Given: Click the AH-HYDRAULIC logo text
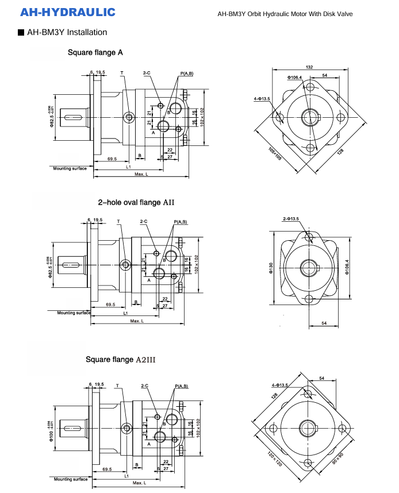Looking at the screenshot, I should pyautogui.click(x=67, y=12).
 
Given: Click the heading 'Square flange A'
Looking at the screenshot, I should pyautogui.click(x=95, y=53).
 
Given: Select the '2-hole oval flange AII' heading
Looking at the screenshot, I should pyautogui.click(x=136, y=202).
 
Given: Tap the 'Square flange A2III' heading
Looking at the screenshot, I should pyautogui.click(x=121, y=360).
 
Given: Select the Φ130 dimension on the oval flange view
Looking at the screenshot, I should pyautogui.click(x=271, y=267).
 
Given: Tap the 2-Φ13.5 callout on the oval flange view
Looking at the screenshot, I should pyautogui.click(x=291, y=219).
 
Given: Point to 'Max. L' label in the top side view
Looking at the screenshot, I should pyautogui.click(x=141, y=174).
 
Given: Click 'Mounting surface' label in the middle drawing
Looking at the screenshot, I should pyautogui.click(x=74, y=313).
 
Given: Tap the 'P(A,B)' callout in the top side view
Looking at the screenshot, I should pyautogui.click(x=187, y=74).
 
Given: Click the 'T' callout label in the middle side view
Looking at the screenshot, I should pyautogui.click(x=118, y=221).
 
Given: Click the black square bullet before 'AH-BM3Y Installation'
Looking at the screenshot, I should pyautogui.click(x=21, y=33).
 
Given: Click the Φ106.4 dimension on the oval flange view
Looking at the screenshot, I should pyautogui.click(x=347, y=267).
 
